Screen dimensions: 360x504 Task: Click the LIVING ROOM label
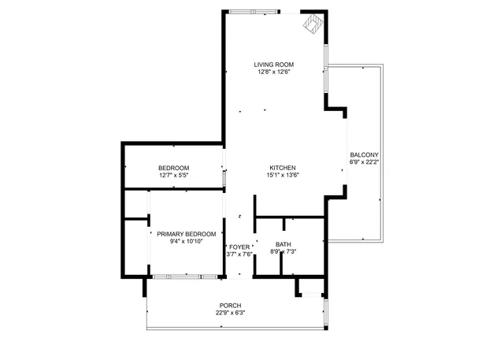[273, 65]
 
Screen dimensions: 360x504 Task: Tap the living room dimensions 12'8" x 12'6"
[273, 72]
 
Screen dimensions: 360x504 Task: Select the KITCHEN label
[282, 168]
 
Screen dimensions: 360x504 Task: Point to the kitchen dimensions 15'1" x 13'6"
[282, 175]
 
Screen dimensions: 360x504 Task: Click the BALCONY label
[364, 154]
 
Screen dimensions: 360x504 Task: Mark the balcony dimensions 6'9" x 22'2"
[364, 162]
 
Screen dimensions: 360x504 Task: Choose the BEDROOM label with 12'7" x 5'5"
[173, 168]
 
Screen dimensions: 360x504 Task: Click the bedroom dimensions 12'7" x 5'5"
[173, 175]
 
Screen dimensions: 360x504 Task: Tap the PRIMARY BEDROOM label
[186, 234]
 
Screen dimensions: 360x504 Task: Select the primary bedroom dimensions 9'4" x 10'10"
[186, 242]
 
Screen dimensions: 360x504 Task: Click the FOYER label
[239, 247]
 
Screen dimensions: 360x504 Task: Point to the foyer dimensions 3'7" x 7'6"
[239, 254]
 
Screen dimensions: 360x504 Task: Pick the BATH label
[283, 244]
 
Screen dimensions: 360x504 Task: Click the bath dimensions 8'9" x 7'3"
[283, 252]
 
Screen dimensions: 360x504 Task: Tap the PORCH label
[230, 306]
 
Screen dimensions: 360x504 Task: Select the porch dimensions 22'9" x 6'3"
[230, 313]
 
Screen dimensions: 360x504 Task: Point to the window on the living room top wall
[254, 12]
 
